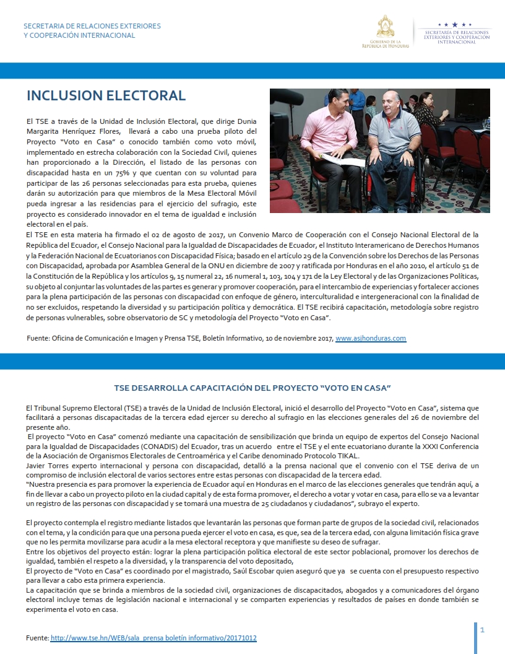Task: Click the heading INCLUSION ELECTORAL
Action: click(x=106, y=95)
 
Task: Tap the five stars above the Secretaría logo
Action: click(x=455, y=25)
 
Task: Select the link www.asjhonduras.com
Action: click(x=370, y=338)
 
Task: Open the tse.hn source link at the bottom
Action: click(x=153, y=637)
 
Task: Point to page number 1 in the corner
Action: click(x=482, y=630)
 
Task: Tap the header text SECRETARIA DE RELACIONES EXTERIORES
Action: click(x=92, y=26)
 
